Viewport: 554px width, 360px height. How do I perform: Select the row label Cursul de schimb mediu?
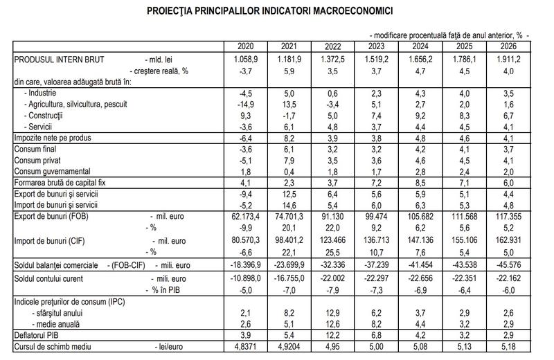(x=53, y=345)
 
